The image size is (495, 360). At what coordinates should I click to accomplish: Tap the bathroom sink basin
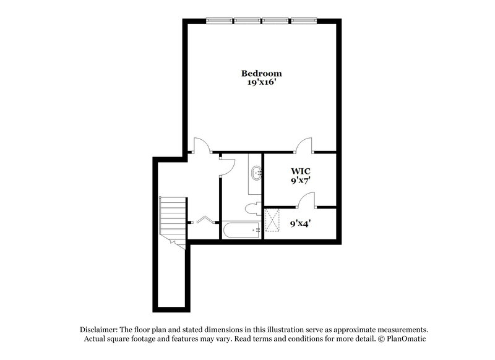coord(256,173)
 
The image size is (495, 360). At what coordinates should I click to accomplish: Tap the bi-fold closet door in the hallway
coord(204,219)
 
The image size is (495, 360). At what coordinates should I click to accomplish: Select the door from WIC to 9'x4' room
coord(306,199)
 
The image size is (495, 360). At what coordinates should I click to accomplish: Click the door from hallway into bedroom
coord(202,145)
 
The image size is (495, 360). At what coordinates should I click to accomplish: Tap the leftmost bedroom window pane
coord(220,20)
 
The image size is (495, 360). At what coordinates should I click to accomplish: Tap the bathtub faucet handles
coord(257,230)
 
